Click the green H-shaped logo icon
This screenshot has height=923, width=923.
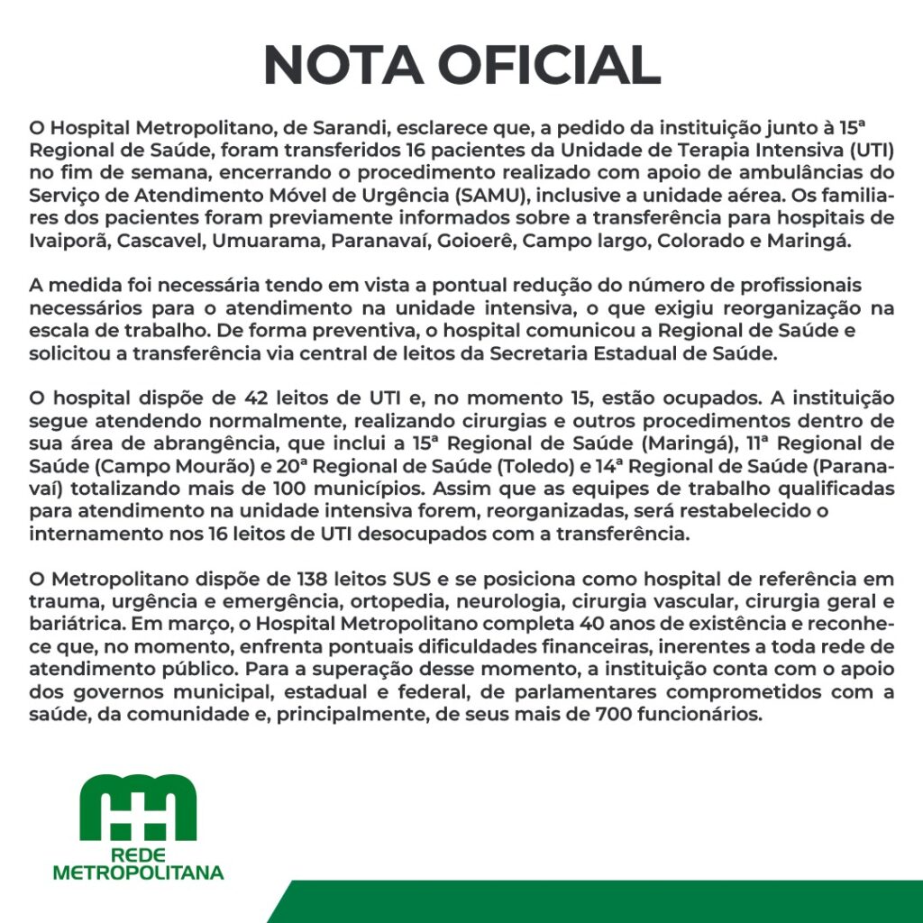pos(138,807)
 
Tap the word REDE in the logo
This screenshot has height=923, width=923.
pos(138,854)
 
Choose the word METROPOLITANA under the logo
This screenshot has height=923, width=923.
pos(138,873)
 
